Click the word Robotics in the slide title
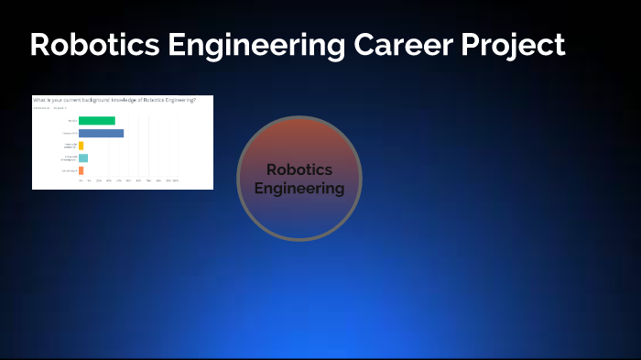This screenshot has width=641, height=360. (x=88, y=45)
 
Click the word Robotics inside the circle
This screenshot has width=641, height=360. (x=299, y=170)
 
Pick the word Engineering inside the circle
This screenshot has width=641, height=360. (x=299, y=190)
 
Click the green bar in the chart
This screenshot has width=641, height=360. (x=97, y=121)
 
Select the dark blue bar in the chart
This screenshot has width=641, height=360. (x=101, y=133)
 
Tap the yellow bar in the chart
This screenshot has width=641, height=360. (x=81, y=146)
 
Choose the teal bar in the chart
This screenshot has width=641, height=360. (x=82, y=158)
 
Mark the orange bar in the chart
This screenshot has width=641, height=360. (x=81, y=170)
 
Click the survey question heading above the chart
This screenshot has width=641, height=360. (x=114, y=99)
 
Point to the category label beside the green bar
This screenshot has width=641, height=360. (x=71, y=121)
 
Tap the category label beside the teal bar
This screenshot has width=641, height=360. (x=70, y=158)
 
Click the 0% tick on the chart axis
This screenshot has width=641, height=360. (x=80, y=181)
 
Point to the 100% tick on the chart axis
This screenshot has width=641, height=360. (x=175, y=181)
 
